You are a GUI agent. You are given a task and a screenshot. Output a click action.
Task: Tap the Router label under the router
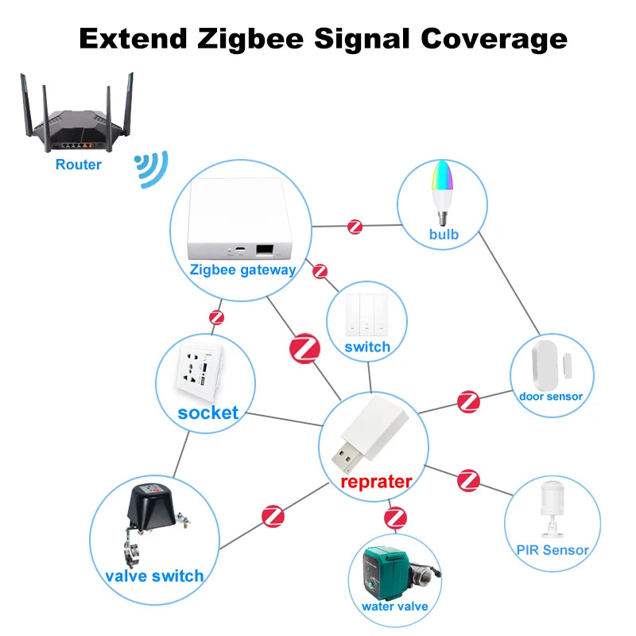79,165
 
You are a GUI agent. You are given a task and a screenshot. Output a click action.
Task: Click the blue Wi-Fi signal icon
151,169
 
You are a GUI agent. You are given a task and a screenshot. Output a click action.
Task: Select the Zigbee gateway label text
242,270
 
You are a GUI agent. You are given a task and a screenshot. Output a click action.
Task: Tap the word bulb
444,235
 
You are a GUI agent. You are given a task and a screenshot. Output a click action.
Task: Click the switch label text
367,347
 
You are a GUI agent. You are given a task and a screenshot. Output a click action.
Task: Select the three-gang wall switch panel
367,314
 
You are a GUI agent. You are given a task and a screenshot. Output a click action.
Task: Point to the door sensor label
551,396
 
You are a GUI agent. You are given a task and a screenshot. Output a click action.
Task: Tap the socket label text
208,412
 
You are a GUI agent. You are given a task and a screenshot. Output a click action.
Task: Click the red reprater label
376,481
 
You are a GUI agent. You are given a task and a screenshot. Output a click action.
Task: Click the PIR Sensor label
553,549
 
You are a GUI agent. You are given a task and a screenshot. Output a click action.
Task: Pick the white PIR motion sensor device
552,508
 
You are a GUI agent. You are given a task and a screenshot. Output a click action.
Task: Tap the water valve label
395,606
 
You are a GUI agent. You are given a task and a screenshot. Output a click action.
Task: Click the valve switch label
154,576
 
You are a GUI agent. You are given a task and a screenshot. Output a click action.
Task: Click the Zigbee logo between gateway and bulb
355,227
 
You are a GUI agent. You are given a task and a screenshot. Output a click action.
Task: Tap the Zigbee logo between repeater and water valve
395,518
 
